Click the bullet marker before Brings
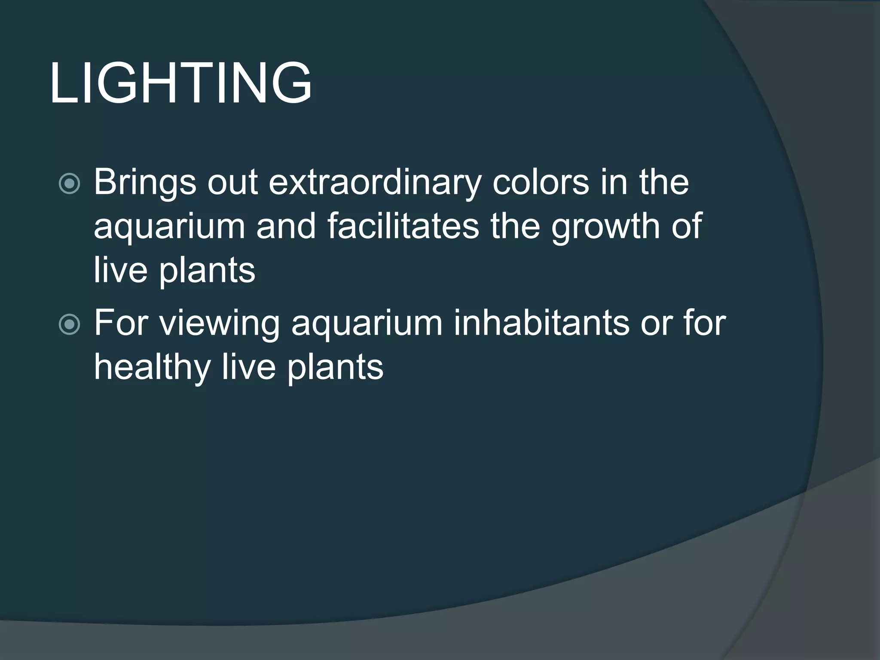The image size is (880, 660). coord(69,183)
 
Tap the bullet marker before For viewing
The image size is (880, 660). coord(69,324)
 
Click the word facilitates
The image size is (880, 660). coord(403,226)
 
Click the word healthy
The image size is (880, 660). coord(151,368)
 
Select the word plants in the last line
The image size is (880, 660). coord(335,368)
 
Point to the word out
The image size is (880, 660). coord(232,183)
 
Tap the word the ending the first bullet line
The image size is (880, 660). coord(664,182)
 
